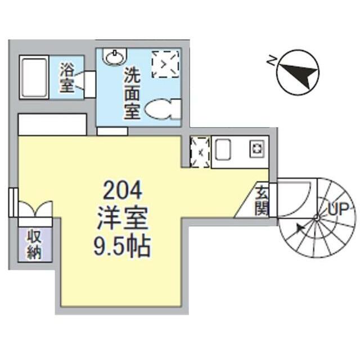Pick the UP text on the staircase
pyautogui.click(x=338, y=210)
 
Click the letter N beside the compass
pyautogui.click(x=272, y=61)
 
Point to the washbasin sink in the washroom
pyautogui.click(x=115, y=56)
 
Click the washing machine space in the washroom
pyautogui.click(x=165, y=64)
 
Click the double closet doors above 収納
pyautogui.click(x=35, y=211)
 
